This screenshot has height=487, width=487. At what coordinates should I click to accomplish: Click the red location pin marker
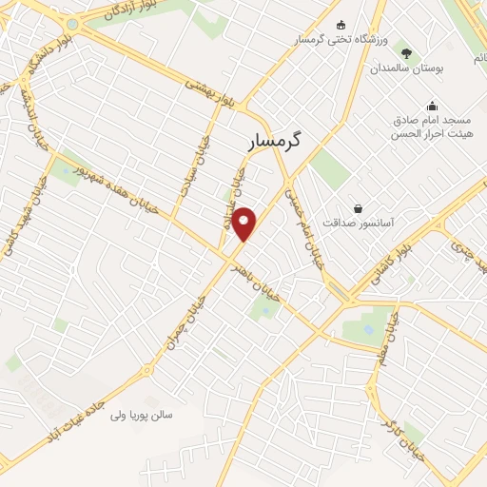coord(245,223)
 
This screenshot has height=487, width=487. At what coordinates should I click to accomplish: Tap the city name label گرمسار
coord(280,141)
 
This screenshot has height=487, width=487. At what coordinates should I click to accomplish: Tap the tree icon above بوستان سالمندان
coord(408,54)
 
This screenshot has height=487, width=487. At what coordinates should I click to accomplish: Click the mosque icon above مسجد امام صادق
coord(433,106)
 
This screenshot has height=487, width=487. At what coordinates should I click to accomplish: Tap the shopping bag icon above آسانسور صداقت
coord(358,207)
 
